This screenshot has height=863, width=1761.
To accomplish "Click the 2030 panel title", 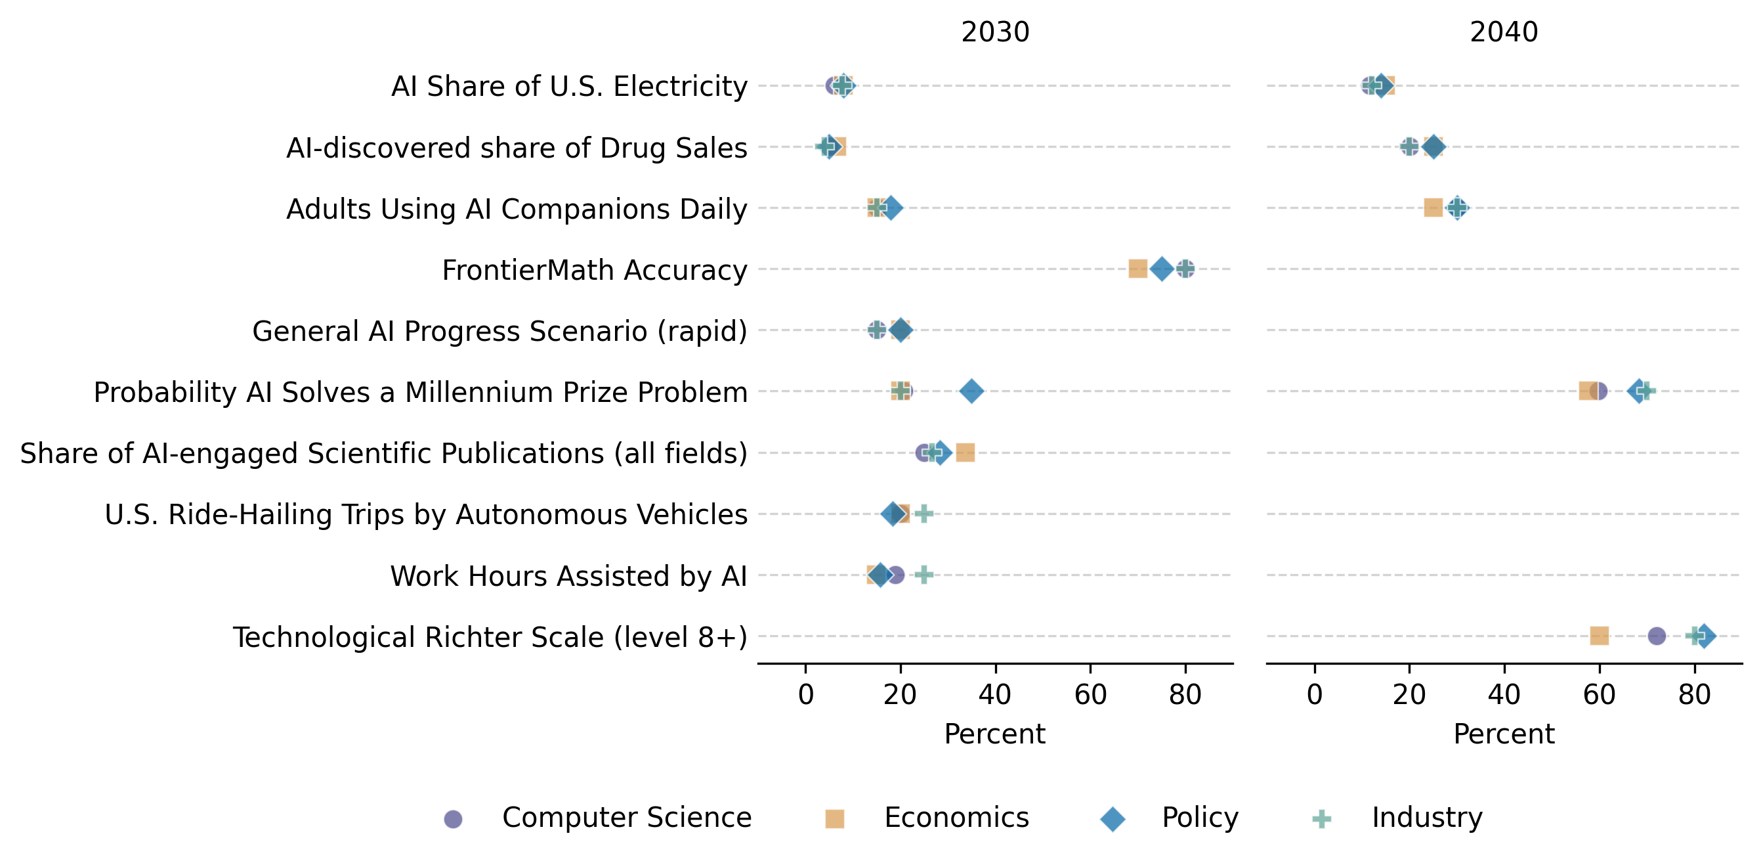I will [994, 32].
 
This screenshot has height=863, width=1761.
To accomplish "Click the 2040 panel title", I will [1503, 32].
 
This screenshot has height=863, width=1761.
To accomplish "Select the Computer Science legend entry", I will [626, 817].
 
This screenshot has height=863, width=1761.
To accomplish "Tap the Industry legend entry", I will [1427, 817].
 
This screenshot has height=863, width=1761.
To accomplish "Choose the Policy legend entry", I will [1200, 817].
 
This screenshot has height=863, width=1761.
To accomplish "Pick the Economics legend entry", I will [956, 817].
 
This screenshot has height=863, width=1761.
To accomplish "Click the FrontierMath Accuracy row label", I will [594, 270].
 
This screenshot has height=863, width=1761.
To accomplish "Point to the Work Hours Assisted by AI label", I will [568, 576].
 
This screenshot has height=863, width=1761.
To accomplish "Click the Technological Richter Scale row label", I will [490, 636].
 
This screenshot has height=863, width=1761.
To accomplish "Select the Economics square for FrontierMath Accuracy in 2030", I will [1137, 269].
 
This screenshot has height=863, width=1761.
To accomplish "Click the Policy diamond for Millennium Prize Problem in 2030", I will [971, 391].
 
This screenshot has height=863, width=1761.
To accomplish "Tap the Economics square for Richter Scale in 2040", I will [1599, 636].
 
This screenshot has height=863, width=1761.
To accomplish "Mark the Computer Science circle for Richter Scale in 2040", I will [1657, 636].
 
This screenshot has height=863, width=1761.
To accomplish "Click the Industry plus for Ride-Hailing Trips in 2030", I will [923, 514].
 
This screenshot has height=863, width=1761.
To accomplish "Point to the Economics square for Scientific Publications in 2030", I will [965, 452].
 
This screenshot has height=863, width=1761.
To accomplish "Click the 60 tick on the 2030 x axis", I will [1090, 695].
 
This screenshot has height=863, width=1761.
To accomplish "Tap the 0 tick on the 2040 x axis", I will [1315, 695].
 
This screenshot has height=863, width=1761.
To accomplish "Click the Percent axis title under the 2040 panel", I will [1503, 734].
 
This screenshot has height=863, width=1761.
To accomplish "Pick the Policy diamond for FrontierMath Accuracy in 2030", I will [1162, 269].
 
